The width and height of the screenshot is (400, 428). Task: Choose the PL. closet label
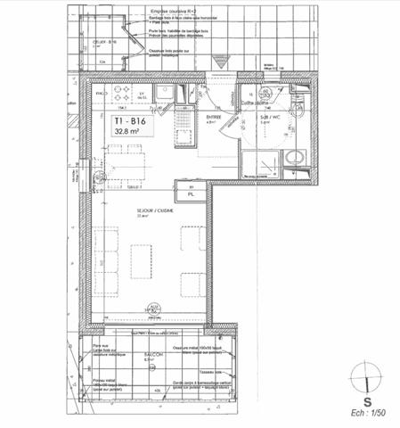click(x=191, y=193)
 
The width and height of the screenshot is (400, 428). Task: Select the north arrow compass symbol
click(x=367, y=379)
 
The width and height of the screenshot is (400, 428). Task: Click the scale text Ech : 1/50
click(x=368, y=412)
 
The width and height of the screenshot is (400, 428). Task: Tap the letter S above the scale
click(x=368, y=401)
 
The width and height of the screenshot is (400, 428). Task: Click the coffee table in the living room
click(x=142, y=261)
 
